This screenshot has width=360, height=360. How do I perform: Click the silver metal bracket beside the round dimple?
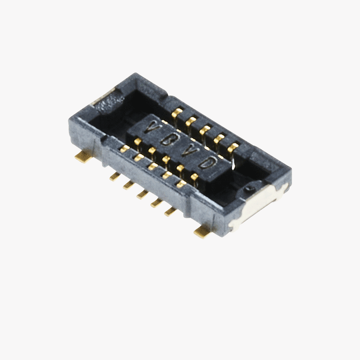click(x=262, y=202)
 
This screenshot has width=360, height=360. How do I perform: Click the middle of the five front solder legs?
click(x=143, y=194)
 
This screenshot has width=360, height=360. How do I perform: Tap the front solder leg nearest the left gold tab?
click(x=115, y=176)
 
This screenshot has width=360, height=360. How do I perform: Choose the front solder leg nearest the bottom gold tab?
click(x=171, y=211)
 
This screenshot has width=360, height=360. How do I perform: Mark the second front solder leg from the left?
click(x=129, y=185)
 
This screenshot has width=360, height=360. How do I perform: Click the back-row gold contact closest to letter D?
click(x=233, y=146)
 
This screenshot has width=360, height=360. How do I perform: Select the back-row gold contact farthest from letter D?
click(x=177, y=112)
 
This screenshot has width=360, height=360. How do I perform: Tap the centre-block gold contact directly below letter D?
click(x=194, y=177)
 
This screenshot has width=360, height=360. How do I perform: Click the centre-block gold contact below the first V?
click(x=138, y=142)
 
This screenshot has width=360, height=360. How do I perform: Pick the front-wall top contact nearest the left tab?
click(x=125, y=148)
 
